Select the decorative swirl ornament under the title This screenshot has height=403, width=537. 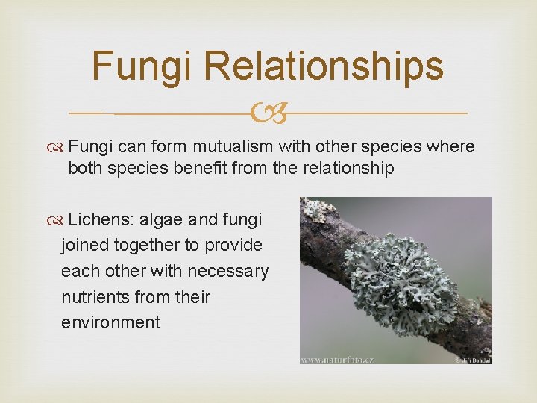point(268,113)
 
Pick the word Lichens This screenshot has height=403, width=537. point(98,219)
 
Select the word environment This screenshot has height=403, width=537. point(110,322)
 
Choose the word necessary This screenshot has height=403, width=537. point(227,271)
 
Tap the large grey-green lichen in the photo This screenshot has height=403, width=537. point(403,272)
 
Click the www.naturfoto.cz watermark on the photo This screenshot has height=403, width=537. point(336,359)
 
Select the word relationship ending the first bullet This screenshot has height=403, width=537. point(348,168)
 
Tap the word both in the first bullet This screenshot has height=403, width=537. point(85,168)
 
